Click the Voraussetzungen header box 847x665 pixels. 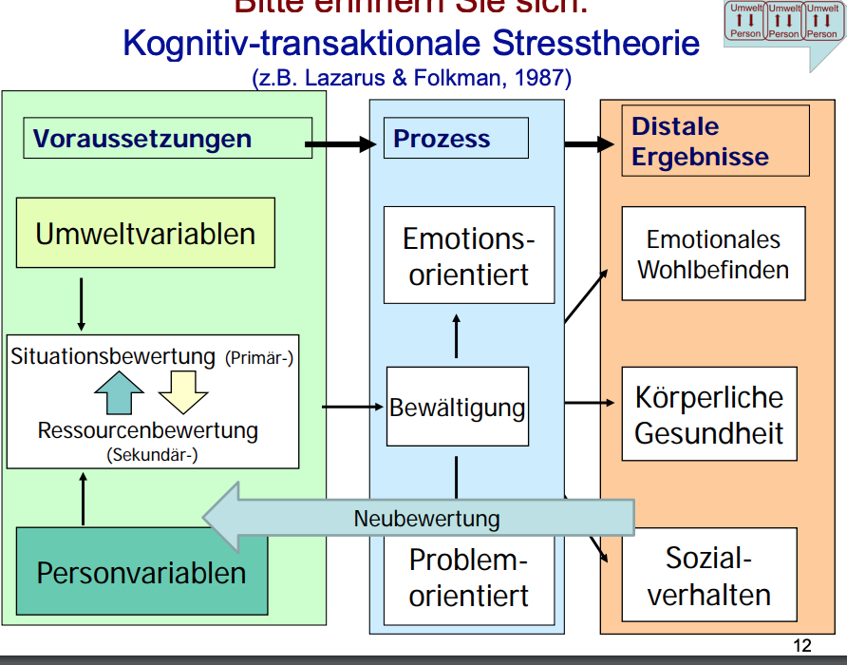tap(167, 138)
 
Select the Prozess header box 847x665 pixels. tap(456, 138)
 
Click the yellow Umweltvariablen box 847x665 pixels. tap(145, 233)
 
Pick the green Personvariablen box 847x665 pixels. tap(141, 572)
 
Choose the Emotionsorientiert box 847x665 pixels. tap(468, 256)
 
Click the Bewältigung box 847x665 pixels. tap(457, 408)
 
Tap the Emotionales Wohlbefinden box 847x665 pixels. tap(713, 254)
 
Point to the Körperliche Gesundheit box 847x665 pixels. tap(709, 414)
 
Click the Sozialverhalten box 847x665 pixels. tap(709, 576)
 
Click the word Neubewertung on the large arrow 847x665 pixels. tap(426, 519)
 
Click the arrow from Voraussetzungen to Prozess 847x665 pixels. tap(341, 144)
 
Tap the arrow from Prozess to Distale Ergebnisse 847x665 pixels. tap(590, 144)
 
